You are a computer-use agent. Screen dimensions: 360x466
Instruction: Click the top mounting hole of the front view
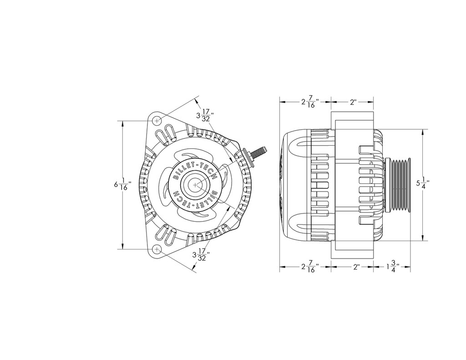point(157,121)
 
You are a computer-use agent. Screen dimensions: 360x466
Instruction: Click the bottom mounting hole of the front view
point(157,249)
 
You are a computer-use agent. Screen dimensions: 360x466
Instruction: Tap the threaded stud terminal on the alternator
point(261,150)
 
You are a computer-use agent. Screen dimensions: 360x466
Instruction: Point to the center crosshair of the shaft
point(195,185)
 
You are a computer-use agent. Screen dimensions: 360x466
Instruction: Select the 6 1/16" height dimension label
point(122,185)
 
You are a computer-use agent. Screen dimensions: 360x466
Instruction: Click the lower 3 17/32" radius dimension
point(202,256)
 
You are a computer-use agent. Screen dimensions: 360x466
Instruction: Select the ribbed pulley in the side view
point(399,185)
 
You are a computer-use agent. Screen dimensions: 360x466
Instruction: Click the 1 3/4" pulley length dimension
point(393,268)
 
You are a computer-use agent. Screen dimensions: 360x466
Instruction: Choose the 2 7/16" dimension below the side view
point(310,268)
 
